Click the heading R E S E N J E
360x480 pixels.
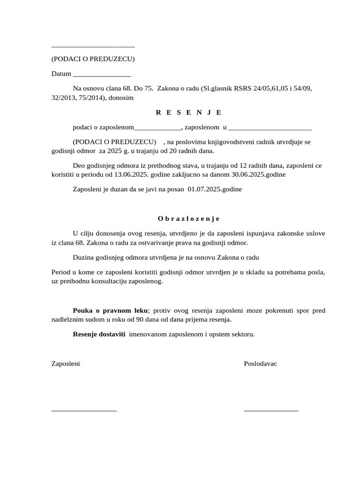point(188,112)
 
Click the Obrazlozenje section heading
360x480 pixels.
point(188,218)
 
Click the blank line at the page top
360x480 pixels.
point(93,47)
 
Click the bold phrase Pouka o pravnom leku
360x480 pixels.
point(110,310)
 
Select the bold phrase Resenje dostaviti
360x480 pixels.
point(99,335)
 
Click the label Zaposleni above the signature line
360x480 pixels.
point(65,364)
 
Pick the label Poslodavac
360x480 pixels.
point(260,364)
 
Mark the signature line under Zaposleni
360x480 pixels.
point(84,411)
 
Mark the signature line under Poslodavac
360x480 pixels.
point(271,411)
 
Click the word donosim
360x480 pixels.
point(121,98)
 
